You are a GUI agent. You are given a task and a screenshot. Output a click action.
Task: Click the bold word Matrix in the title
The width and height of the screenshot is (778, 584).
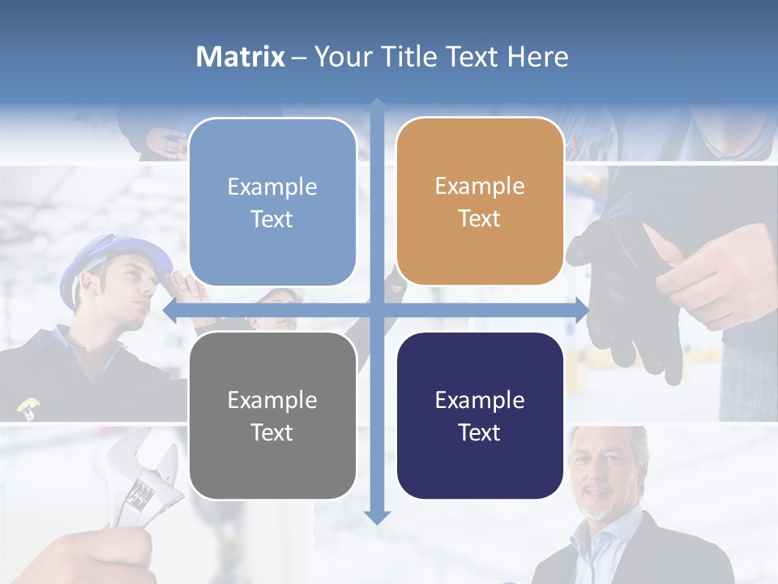pyautogui.click(x=241, y=57)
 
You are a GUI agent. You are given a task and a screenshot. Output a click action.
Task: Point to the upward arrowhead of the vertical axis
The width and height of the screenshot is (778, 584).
pyautogui.click(x=377, y=105)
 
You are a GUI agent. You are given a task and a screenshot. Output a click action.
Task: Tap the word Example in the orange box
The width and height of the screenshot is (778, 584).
pyautogui.click(x=480, y=186)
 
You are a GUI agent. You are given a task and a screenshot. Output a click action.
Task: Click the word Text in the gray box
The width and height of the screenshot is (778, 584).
pyautogui.click(x=272, y=432)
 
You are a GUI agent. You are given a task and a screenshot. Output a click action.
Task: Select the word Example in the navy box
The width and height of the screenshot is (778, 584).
pyautogui.click(x=480, y=400)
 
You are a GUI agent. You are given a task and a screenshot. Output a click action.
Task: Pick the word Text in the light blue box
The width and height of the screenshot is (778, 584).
pyautogui.click(x=272, y=219)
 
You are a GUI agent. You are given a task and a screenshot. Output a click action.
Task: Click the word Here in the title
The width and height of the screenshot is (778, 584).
pyautogui.click(x=538, y=57)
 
